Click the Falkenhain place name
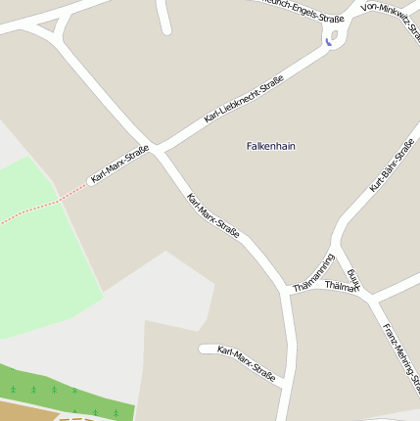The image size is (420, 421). click(271, 146)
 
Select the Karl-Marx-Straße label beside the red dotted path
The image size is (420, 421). click(119, 165)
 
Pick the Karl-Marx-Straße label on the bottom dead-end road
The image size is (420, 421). click(246, 363)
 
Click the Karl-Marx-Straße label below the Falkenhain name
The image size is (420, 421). click(213, 224)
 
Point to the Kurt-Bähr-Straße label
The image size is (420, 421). click(392, 164)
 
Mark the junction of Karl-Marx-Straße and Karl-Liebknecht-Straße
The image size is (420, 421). click(157, 151)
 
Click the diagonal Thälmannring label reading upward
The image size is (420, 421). click(314, 273)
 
